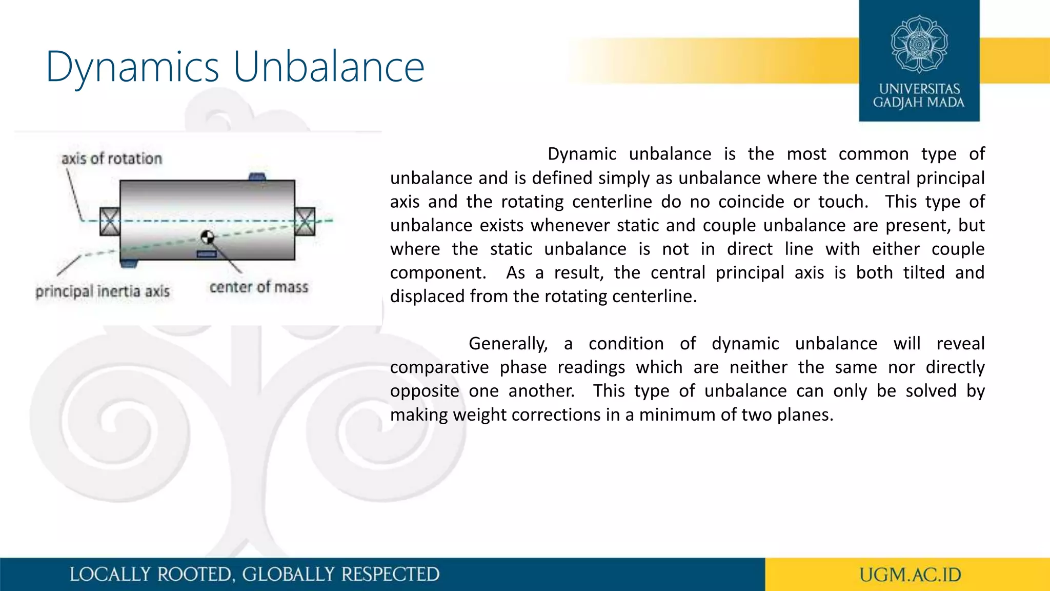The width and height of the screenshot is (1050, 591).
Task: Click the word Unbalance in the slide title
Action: [329, 67]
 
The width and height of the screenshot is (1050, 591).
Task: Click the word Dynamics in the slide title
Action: [133, 68]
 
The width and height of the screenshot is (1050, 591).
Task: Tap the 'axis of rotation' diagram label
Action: [112, 159]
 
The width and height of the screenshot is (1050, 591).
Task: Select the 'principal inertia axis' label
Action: [103, 291]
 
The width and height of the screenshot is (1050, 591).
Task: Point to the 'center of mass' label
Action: [259, 287]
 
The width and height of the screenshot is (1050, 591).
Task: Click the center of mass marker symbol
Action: [207, 237]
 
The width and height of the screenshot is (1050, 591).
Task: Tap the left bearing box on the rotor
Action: [110, 222]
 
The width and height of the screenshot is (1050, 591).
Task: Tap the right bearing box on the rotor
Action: [305, 222]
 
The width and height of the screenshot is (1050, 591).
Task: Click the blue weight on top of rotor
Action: [257, 177]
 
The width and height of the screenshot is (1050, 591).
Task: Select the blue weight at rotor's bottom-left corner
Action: [129, 264]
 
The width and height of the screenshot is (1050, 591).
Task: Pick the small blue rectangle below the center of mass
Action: [206, 254]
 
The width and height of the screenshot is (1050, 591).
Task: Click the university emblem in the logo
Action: [919, 44]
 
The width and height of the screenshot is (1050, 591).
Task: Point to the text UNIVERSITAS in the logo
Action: [919, 89]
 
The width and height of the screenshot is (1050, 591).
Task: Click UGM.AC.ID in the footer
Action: [910, 575]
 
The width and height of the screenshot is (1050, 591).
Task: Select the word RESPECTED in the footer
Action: [390, 575]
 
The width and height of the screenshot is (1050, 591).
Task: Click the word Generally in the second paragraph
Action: [508, 344]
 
